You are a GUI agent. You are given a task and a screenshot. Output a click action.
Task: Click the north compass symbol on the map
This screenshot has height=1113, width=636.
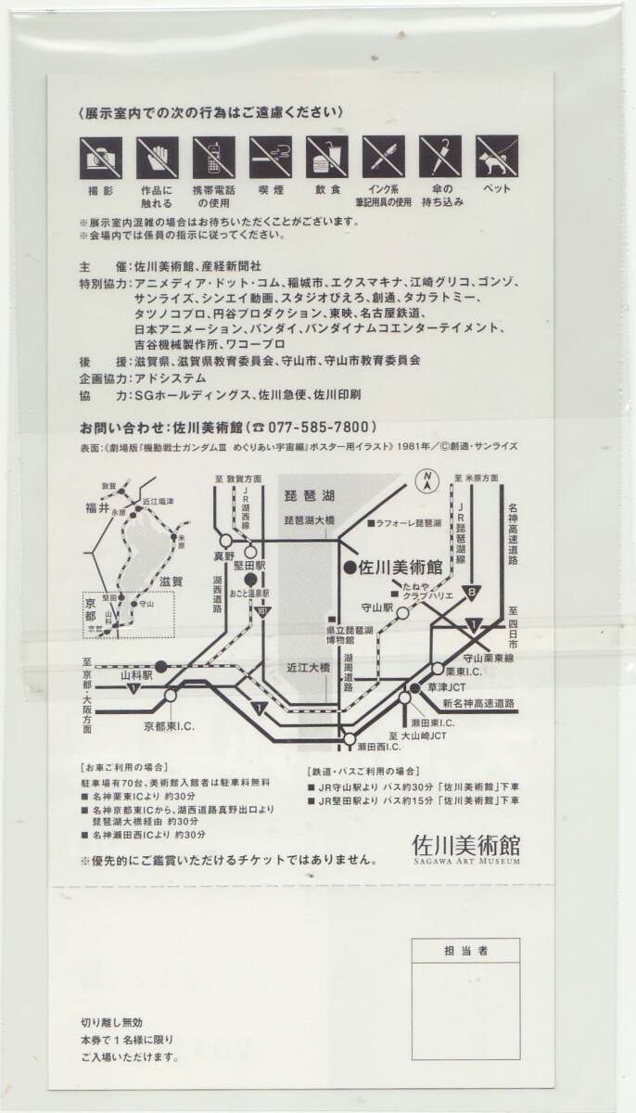click(428, 481)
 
